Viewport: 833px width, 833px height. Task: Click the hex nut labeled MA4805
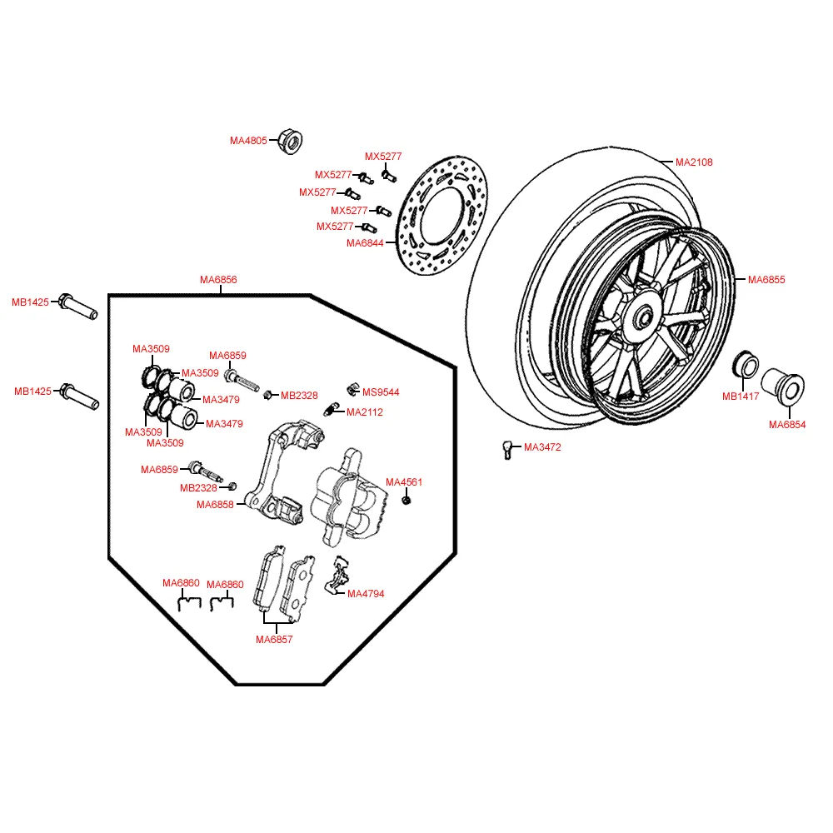click(x=288, y=141)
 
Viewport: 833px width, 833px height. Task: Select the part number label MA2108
click(x=693, y=162)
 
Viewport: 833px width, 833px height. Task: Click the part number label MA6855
click(x=766, y=280)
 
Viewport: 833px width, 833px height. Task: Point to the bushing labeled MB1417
click(x=745, y=367)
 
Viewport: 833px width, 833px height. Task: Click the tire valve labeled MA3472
click(x=506, y=448)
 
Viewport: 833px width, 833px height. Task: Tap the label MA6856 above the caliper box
click(x=218, y=280)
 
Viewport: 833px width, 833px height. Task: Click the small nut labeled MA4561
click(x=407, y=500)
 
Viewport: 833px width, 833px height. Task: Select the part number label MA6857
click(x=274, y=640)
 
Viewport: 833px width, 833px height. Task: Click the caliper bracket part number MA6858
click(x=215, y=504)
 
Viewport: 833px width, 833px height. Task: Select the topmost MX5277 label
click(x=383, y=157)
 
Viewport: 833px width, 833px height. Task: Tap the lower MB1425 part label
click(x=32, y=391)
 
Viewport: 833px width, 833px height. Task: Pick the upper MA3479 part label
click(x=221, y=400)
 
